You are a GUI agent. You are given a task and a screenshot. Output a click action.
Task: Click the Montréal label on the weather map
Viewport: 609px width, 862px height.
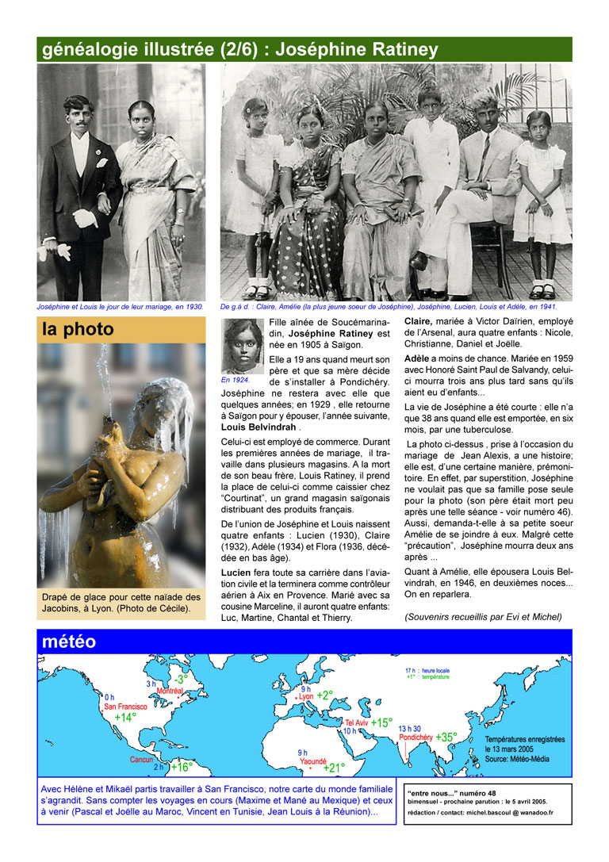170,691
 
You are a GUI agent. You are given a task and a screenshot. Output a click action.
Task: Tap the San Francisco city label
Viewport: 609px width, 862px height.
121,706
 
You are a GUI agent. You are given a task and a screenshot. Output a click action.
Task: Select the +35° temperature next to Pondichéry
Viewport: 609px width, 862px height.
446,737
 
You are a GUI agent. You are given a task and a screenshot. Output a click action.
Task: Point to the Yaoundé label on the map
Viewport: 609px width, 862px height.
312,760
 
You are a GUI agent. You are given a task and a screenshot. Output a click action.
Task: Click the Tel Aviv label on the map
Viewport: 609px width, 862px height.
356,722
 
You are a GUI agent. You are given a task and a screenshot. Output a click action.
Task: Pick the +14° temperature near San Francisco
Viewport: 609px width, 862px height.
125,717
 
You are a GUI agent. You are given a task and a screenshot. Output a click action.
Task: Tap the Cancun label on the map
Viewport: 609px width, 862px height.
141,759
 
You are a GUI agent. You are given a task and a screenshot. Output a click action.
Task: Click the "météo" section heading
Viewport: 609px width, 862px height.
69,642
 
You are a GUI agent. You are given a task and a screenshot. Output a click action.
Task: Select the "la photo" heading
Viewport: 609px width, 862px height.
78,329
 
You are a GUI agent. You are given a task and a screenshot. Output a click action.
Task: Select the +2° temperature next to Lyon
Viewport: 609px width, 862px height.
325,695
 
